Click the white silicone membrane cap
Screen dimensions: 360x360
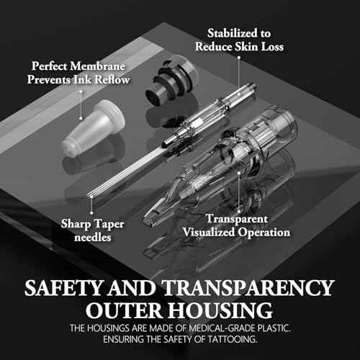coord(94,128)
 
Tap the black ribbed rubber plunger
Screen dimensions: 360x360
coord(171,81)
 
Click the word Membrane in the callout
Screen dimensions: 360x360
coord(97,66)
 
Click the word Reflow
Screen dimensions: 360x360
coord(112,79)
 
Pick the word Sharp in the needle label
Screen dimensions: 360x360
coord(76,225)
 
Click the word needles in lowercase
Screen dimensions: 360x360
coord(93,238)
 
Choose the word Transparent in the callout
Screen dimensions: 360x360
coord(237,219)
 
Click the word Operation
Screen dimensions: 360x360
coord(264,233)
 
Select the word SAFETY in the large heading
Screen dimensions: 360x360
coord(63,288)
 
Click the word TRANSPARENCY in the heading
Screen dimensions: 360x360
coord(248,288)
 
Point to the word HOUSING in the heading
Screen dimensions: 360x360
coord(220,310)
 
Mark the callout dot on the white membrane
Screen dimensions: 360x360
coord(81,118)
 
